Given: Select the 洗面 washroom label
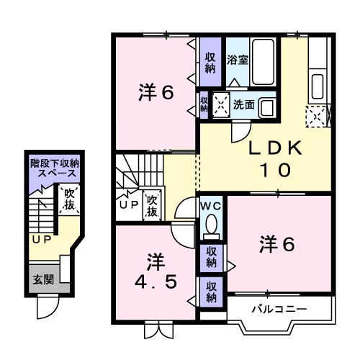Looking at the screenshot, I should click(x=243, y=104).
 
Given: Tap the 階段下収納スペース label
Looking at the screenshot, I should click(x=55, y=169).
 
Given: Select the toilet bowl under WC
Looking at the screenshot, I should click(x=211, y=229).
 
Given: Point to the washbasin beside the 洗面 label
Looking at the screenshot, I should click(x=267, y=107).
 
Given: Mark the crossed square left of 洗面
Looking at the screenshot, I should click(x=220, y=105).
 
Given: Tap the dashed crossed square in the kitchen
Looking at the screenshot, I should click(x=318, y=115).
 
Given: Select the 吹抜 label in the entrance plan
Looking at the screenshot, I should click(x=70, y=199).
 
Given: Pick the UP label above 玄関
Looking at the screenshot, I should click(x=40, y=239).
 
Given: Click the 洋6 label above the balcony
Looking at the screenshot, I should click(x=276, y=246).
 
